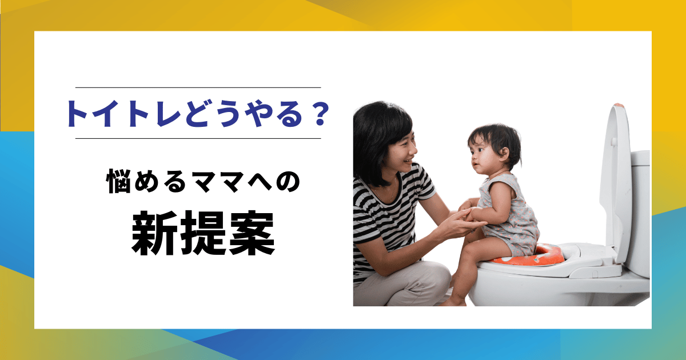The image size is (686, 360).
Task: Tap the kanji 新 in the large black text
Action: point(154,233)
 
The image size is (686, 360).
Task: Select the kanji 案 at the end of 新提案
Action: point(251,233)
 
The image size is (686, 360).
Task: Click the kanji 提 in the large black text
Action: point(203,233)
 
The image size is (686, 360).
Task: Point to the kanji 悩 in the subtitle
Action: point(119,181)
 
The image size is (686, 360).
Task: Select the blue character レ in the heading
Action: point(169,114)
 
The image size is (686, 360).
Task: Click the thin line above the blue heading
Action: point(198,87)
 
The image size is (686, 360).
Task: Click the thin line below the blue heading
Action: point(198,138)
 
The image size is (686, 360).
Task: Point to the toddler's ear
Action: point(503,153)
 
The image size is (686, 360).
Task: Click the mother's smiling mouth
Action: point(409,161)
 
